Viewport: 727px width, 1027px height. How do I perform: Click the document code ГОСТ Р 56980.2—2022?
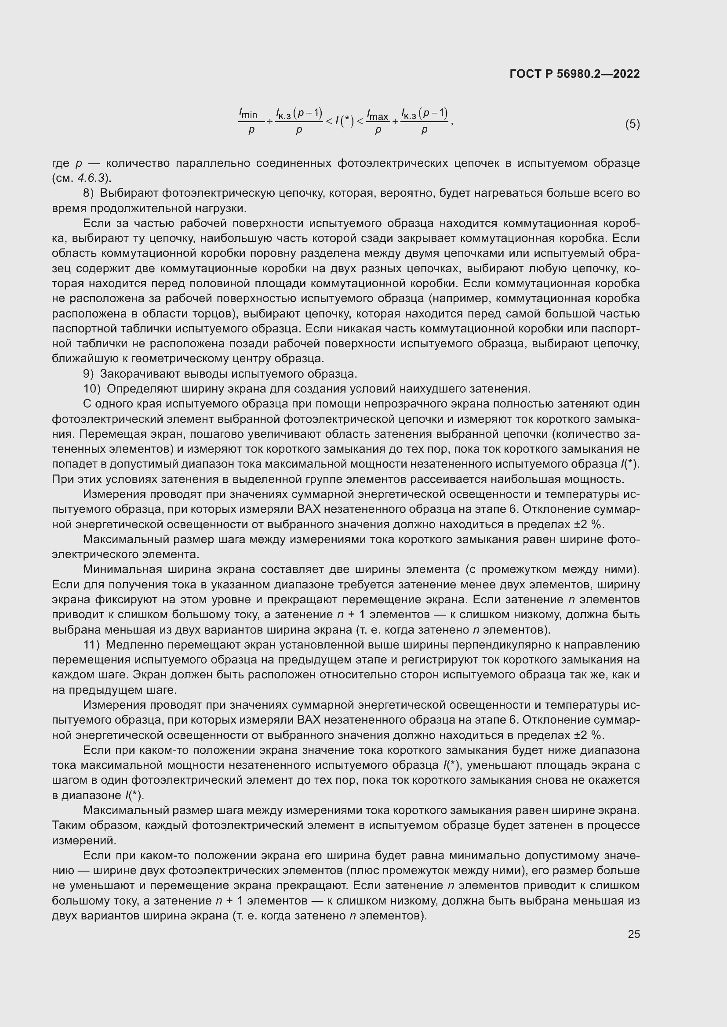point(574,74)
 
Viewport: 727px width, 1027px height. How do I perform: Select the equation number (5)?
point(632,124)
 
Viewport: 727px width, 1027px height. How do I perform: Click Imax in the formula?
point(378,115)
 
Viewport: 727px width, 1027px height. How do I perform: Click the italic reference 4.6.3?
point(91,178)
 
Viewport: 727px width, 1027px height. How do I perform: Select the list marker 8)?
point(89,193)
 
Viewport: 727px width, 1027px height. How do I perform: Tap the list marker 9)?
point(89,374)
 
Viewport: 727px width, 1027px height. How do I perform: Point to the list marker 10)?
point(92,389)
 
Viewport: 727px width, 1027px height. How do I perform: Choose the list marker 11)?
point(92,645)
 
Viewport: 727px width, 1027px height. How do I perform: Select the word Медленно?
point(132,645)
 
